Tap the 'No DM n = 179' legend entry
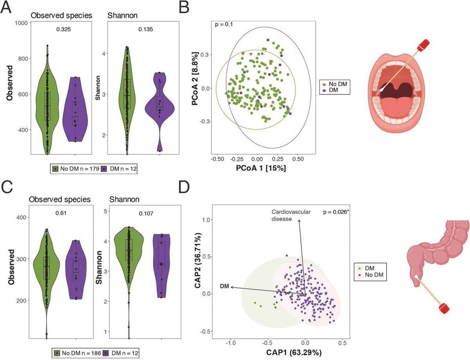[76, 169]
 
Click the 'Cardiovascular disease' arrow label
[291, 215]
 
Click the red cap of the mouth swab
[423, 45]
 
